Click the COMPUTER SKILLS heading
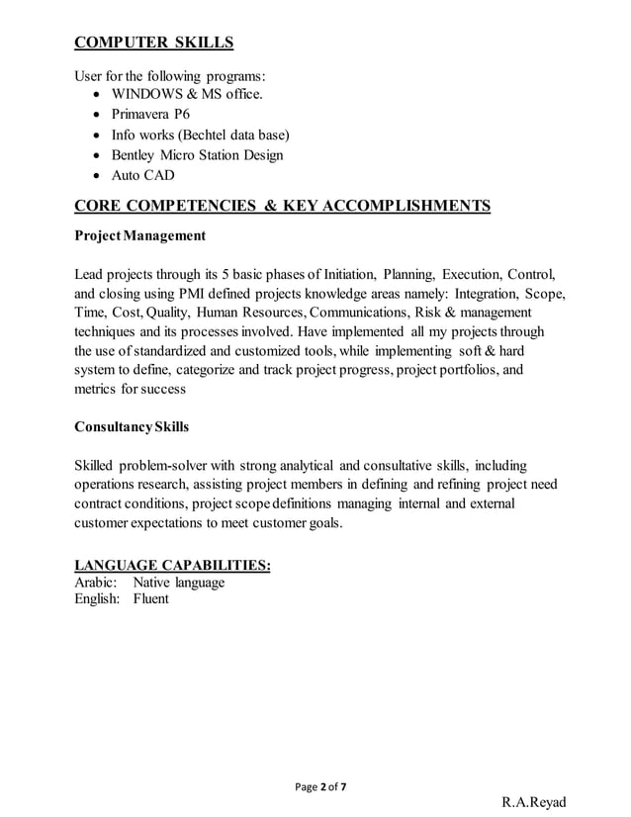(154, 43)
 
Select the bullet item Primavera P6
(154, 114)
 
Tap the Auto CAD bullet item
(142, 175)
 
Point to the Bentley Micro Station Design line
(197, 155)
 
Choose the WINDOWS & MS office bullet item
(187, 94)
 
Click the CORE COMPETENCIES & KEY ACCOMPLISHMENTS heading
(282, 206)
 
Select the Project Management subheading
(140, 236)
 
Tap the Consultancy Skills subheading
(132, 427)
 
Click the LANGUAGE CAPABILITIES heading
(173, 565)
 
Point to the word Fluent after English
(151, 598)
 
